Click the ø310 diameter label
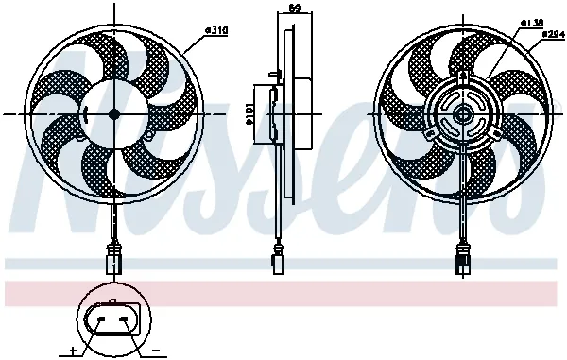tap(218, 29)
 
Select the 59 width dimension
tap(294, 9)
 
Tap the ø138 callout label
tap(532, 22)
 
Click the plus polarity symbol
tap(73, 351)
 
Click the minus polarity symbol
tap(152, 351)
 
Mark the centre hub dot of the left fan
tap(114, 113)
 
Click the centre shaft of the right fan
tap(464, 113)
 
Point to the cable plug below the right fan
tap(464, 258)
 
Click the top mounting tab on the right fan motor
tap(464, 76)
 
